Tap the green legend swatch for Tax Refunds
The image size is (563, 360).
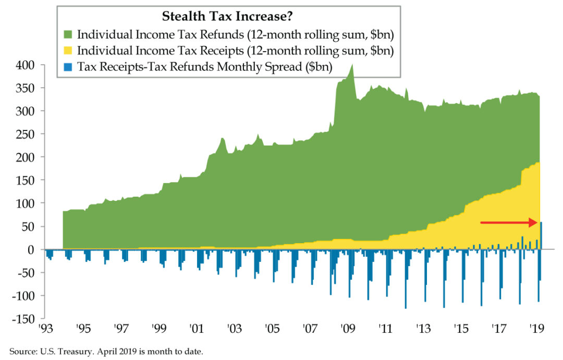click(68, 35)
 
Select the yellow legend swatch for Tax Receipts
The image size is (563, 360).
click(68, 51)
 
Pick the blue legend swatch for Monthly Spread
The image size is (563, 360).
click(68, 67)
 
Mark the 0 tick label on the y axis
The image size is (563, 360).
click(31, 249)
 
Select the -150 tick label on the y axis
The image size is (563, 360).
click(21, 319)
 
